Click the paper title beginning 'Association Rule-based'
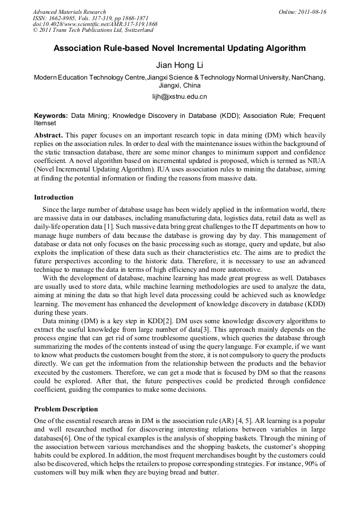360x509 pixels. coord(179,48)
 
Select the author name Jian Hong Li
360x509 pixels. coord(179,65)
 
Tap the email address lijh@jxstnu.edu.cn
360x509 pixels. coord(179,97)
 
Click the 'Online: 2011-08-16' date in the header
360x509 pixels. coord(303,12)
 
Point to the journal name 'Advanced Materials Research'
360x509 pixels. coord(70,12)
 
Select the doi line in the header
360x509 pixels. coord(95,24)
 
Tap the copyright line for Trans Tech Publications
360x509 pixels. coord(93,30)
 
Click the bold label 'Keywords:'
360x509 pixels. coord(51,115)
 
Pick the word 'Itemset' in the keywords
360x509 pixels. coord(45,123)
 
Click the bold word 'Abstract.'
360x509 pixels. coord(49,135)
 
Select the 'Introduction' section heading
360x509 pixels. coord(54,197)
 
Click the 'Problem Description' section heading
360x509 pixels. coord(66,409)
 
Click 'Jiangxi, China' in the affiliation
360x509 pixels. coord(179,85)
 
